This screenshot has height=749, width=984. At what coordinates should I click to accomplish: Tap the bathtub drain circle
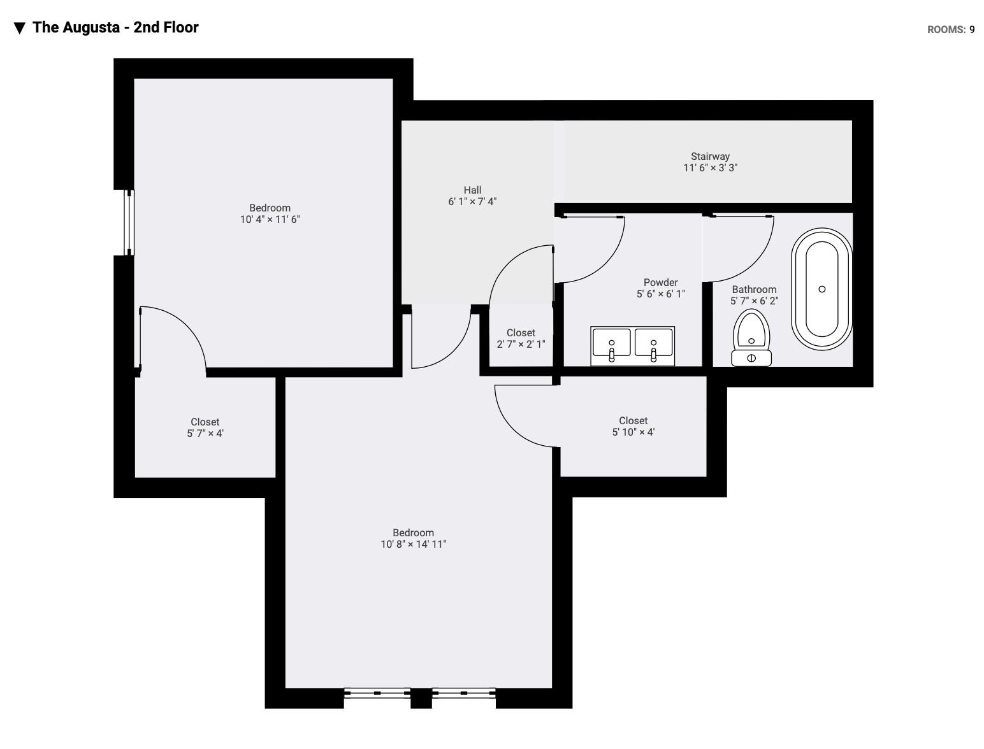tap(821, 289)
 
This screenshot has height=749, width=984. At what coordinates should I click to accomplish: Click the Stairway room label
tap(710, 156)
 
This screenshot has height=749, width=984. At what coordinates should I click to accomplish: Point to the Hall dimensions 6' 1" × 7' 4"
tap(472, 202)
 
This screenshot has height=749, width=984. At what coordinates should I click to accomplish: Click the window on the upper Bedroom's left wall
tap(129, 222)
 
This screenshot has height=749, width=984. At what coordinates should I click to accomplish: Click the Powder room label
tap(661, 283)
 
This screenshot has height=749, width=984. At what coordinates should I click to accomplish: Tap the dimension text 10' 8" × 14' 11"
tap(414, 545)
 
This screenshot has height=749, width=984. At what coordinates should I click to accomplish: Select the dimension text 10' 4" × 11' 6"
tap(270, 220)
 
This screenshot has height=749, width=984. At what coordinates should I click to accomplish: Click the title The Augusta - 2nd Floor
tap(115, 27)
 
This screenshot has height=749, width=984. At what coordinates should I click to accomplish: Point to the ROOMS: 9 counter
tap(951, 29)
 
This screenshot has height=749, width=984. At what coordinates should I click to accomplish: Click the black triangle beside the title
tap(19, 28)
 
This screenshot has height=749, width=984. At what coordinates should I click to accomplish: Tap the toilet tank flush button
tap(751, 358)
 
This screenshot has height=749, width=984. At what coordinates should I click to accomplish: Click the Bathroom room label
tap(754, 289)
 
